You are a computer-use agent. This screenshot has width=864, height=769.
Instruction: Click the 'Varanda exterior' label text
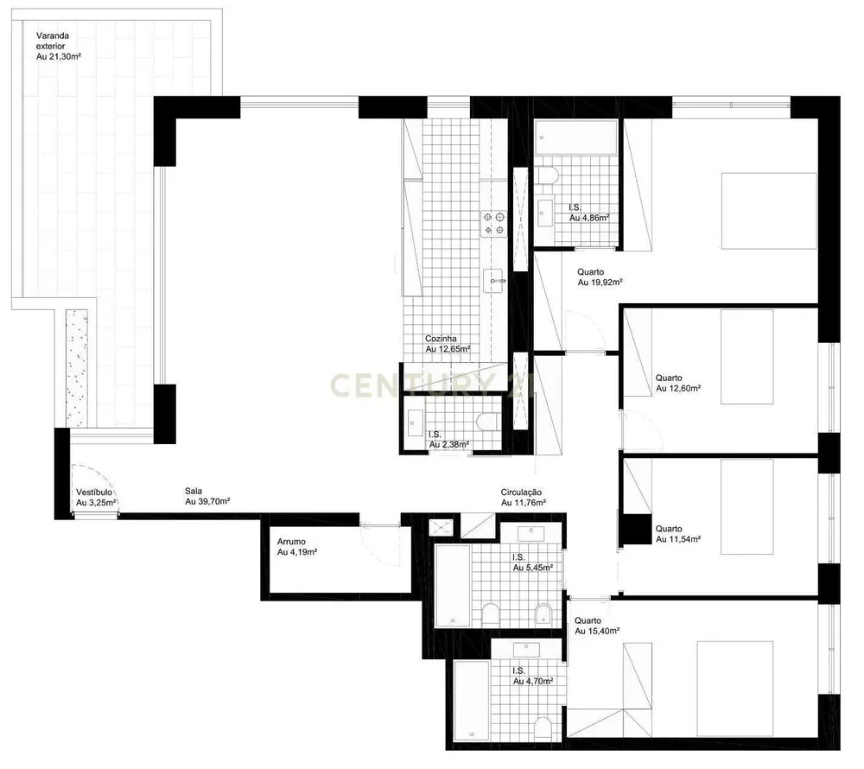coord(53,41)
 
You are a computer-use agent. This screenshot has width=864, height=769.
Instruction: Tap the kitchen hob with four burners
coord(493,224)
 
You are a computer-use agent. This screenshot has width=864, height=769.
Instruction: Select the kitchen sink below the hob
coord(494,281)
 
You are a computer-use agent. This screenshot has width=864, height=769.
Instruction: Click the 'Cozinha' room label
coord(441,339)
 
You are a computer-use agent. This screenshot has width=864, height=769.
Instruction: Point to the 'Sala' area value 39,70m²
coord(207,501)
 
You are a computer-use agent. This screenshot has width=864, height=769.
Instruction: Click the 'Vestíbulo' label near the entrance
coord(94,492)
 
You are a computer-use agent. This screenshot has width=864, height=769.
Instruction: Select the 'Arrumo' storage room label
coord(291,542)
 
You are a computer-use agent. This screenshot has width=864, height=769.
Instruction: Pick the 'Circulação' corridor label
coord(521,493)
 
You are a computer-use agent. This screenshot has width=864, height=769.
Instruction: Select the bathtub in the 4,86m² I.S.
coord(577,138)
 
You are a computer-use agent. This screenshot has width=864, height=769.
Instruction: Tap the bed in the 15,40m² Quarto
coord(735,689)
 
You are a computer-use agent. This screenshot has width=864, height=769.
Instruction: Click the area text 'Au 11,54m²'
coord(678,539)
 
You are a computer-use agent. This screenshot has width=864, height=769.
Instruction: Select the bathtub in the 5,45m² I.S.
coord(453,586)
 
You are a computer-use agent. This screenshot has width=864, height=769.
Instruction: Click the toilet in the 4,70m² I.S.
coord(543,728)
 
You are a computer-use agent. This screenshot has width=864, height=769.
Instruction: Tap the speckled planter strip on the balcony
coord(77,368)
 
